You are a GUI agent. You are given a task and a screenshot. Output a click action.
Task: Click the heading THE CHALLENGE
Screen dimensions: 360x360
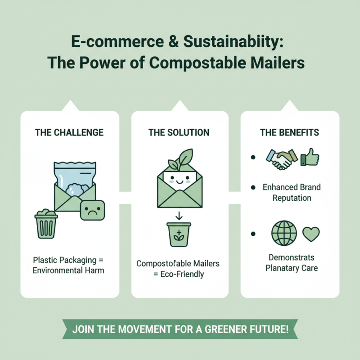click(69, 132)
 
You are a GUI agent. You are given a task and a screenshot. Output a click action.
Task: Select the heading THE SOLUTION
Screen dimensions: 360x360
click(179, 132)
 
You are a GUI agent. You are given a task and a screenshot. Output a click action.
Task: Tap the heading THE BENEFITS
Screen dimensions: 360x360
click(289, 132)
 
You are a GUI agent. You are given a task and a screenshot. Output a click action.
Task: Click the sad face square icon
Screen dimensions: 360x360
click(92, 210)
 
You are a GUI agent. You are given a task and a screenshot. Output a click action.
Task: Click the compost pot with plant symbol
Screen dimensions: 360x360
click(179, 233)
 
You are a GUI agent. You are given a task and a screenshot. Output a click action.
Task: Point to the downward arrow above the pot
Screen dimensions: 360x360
click(179, 215)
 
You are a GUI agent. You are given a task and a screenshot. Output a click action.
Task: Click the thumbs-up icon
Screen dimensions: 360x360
click(310, 157)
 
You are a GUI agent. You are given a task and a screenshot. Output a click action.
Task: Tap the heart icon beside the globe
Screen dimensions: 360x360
click(310, 234)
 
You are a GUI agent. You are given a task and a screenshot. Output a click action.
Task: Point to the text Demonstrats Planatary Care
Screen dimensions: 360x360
click(291, 263)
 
